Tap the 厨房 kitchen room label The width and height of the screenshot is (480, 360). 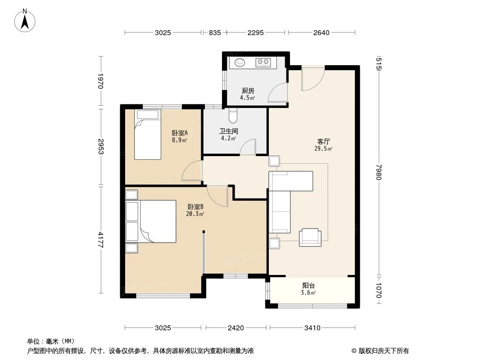(247, 90)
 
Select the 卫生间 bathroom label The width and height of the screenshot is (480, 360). (228, 131)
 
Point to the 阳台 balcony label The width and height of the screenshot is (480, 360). (308, 285)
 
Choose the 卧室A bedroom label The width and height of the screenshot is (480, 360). (180, 133)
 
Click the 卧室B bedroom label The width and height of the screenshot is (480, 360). (196, 207)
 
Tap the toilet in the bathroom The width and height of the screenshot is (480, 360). (232, 116)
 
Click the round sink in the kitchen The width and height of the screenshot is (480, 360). (239, 63)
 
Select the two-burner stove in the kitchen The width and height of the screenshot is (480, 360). (263, 63)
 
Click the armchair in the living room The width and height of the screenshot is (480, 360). (310, 237)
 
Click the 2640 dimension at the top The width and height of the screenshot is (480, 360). (322, 32)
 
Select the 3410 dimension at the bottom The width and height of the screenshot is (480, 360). (312, 328)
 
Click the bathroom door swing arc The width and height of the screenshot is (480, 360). (248, 147)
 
